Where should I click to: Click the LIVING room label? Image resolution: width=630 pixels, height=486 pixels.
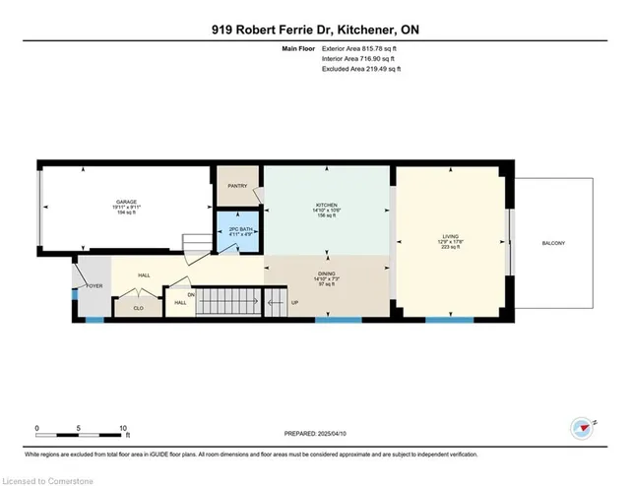pos(451,237)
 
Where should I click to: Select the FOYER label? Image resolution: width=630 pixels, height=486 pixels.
pos(93,286)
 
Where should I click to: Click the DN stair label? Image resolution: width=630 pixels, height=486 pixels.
pos(191,293)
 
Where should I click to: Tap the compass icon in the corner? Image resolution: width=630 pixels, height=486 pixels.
pos(582,428)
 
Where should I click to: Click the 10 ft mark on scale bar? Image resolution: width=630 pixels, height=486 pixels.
pos(123,429)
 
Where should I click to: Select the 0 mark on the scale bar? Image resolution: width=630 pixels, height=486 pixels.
pos(37,429)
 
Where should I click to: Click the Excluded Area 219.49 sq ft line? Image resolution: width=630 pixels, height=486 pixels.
pos(362,69)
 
